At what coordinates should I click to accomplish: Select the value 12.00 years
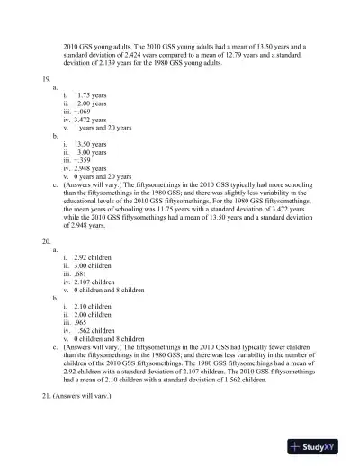click(94, 103)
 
